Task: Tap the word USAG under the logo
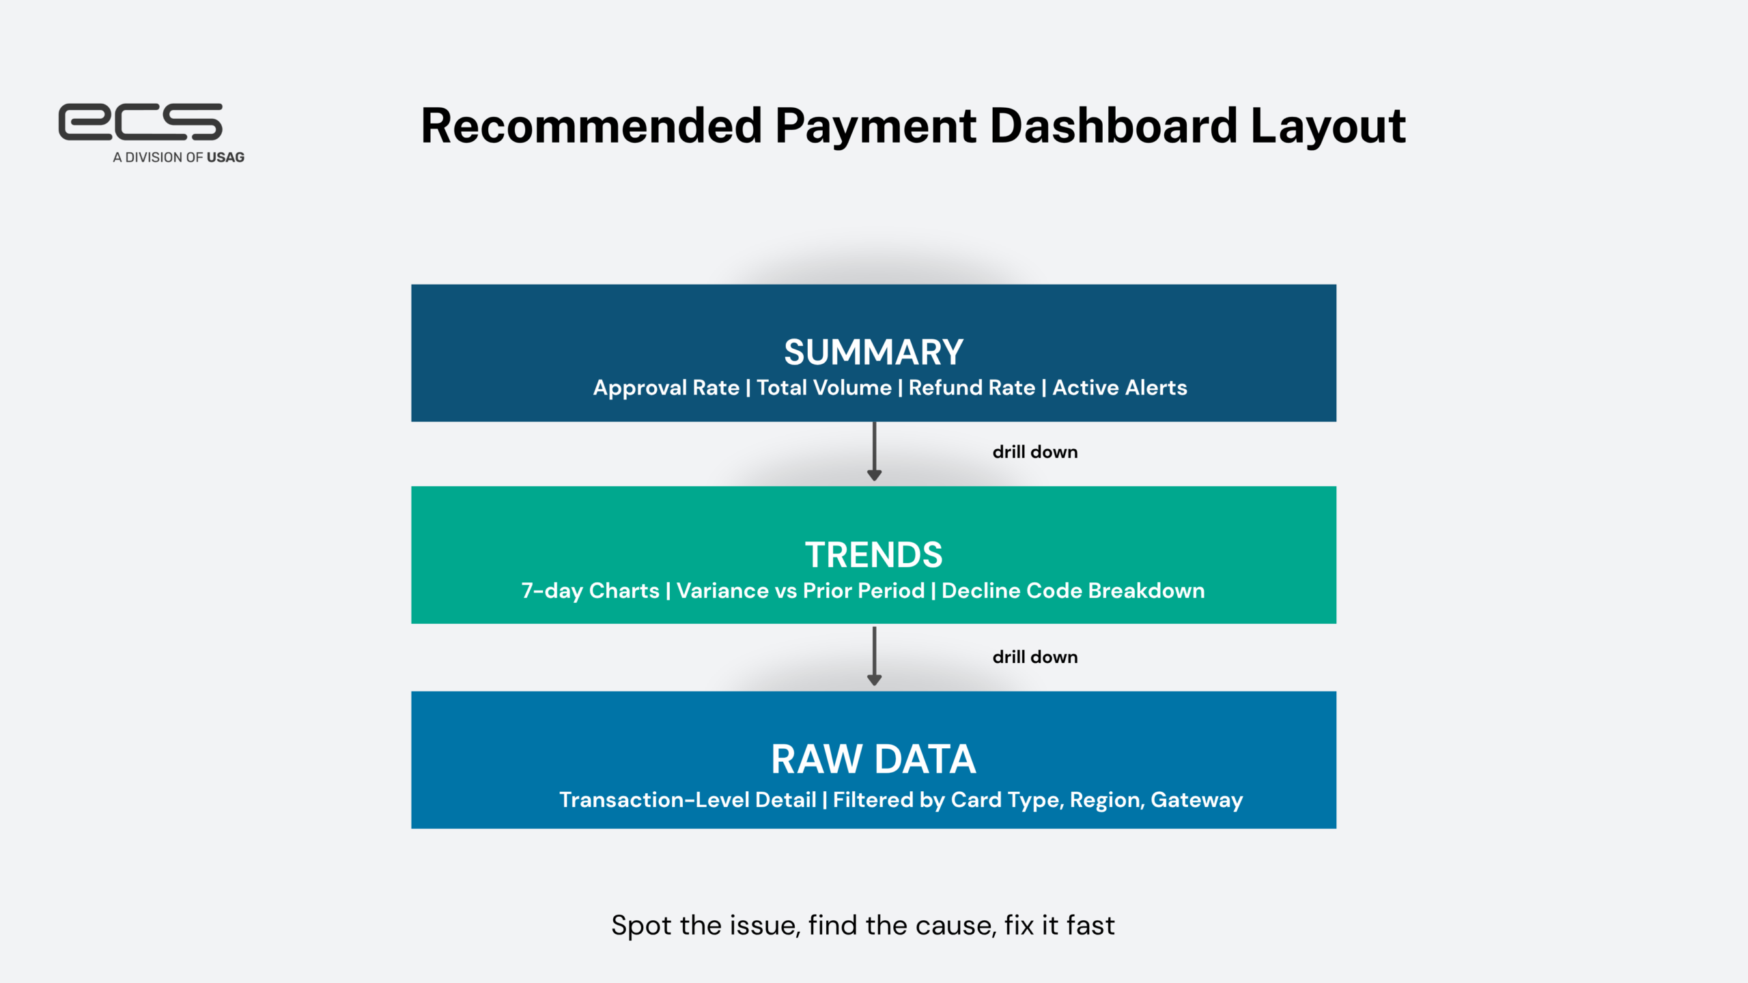pos(225,158)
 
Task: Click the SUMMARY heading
pos(873,352)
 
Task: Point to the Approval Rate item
pos(666,388)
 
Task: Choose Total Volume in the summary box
pos(824,388)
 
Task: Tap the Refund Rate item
pos(972,388)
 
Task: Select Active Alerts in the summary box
pos(1120,388)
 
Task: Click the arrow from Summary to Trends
pos(874,451)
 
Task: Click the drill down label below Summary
pos(1035,452)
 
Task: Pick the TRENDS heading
pos(873,555)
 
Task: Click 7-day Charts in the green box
pos(591,591)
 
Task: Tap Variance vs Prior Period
pos(801,591)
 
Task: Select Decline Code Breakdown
pos(1073,591)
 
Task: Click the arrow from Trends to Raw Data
pos(874,656)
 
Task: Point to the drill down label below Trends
pos(1035,657)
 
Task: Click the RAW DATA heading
pos(873,759)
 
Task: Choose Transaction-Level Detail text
pos(688,800)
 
